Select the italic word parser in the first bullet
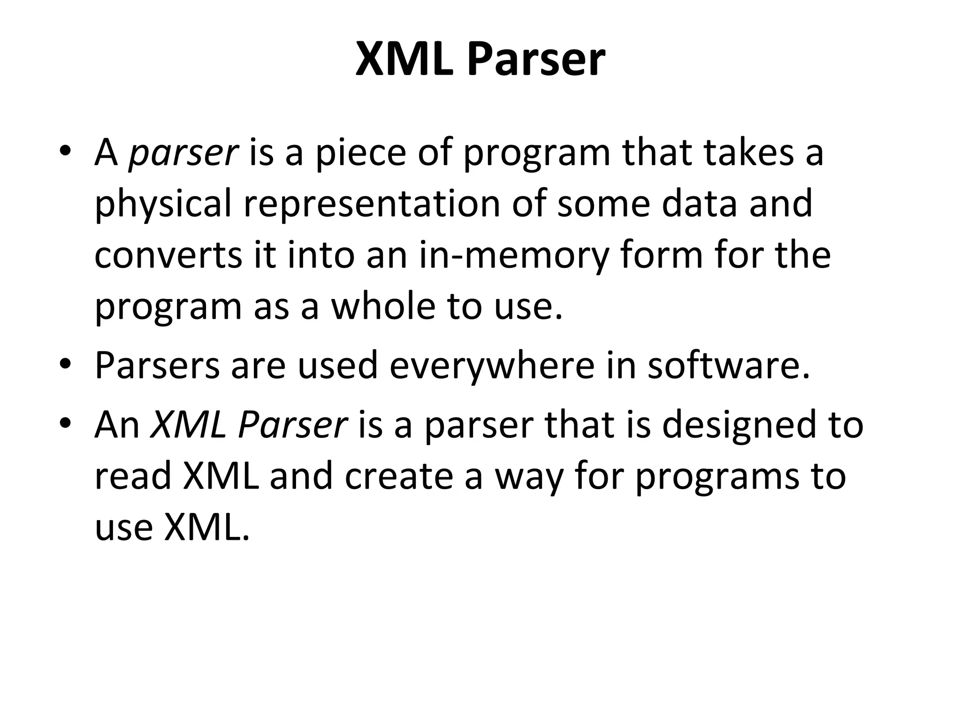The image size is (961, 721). [x=183, y=153]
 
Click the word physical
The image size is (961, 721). [x=163, y=205]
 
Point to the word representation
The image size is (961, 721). [x=372, y=205]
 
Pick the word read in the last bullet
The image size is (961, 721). [x=133, y=476]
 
